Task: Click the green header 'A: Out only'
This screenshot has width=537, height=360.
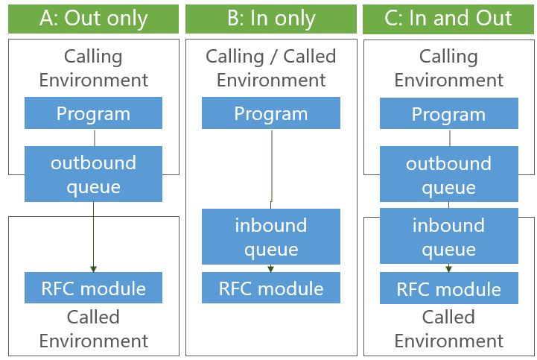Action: coord(93,19)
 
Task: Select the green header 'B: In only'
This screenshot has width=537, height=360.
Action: coord(271,19)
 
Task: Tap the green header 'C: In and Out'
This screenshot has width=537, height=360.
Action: coord(449,19)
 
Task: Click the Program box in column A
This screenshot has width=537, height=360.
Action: coord(93,114)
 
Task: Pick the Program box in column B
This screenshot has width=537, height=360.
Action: coord(271,114)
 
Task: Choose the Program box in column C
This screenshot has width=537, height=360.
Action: coord(449,115)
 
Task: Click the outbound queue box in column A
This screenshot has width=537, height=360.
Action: coord(93,174)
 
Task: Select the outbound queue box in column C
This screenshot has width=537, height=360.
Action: coord(449,175)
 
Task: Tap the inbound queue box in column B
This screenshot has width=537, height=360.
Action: coord(271,236)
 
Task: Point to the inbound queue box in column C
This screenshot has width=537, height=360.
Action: coord(449,236)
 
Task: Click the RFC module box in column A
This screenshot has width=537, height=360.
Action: coord(93,288)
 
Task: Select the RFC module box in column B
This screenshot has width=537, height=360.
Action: coord(271,288)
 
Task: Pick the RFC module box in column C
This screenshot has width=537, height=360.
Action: coord(449,288)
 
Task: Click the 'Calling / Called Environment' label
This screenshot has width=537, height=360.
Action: coord(271,68)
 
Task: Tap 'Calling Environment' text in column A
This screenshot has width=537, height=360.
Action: coord(93,68)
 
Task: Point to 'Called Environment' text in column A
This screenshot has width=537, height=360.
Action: coord(93,329)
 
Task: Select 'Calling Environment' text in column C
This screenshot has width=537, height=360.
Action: coord(449,68)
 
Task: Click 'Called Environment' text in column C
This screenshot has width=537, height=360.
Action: coord(449,329)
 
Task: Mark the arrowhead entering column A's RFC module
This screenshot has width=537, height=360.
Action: coord(93,268)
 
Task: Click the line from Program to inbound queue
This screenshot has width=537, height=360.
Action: coord(271,164)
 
